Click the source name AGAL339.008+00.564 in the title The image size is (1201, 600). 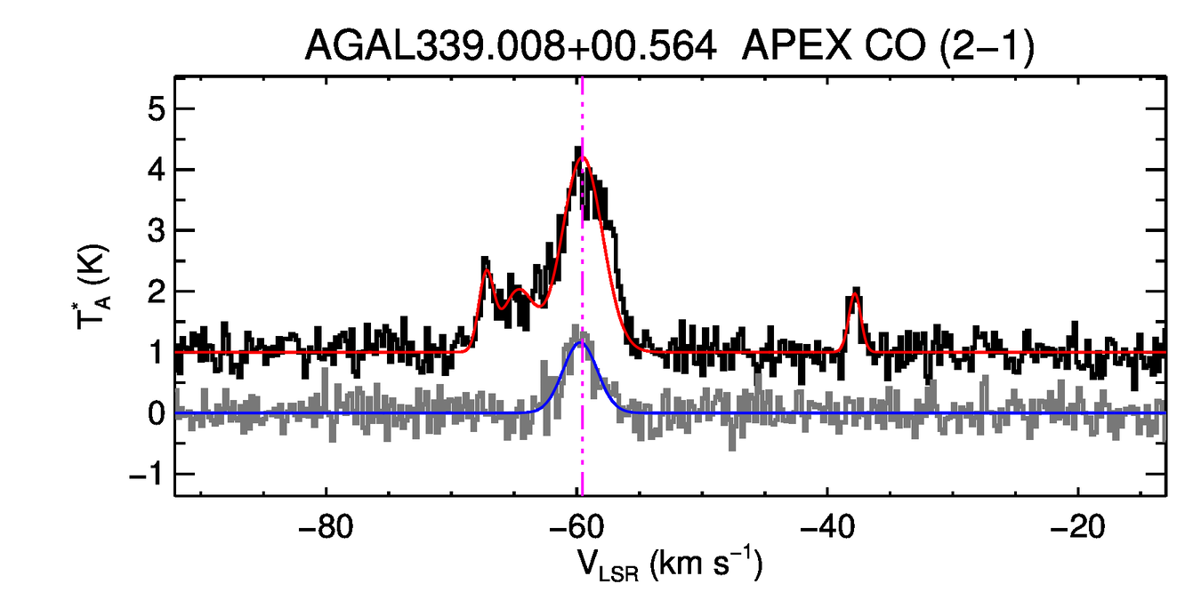511,45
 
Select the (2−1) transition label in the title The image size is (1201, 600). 983,45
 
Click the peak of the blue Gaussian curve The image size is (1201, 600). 582,341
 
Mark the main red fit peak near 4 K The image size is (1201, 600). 582,157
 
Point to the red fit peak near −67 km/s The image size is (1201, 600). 487,268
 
